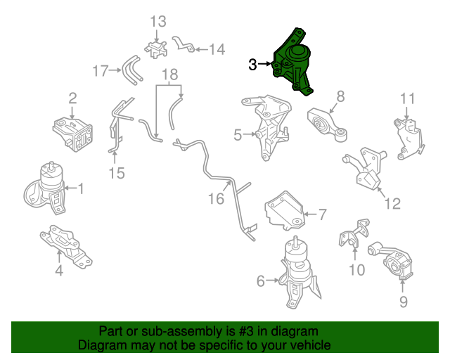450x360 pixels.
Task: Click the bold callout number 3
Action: click(x=252, y=65)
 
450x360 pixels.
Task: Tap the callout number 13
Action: click(x=158, y=22)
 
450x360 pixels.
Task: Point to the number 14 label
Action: click(x=217, y=49)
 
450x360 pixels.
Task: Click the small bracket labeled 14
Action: click(x=183, y=44)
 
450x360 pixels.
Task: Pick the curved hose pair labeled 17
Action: click(x=132, y=70)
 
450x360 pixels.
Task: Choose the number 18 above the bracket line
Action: click(x=170, y=75)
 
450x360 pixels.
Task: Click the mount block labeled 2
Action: click(x=73, y=134)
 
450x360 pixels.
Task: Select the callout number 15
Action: click(x=117, y=173)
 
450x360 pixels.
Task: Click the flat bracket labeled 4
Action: click(x=65, y=246)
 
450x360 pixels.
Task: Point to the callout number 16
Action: click(x=216, y=199)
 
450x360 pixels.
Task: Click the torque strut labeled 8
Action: click(x=327, y=124)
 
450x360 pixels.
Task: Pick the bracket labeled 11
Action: click(x=409, y=139)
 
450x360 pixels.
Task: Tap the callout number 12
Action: click(x=392, y=203)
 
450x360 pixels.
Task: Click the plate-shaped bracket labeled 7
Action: click(x=284, y=211)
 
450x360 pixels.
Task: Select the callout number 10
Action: click(x=356, y=270)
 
